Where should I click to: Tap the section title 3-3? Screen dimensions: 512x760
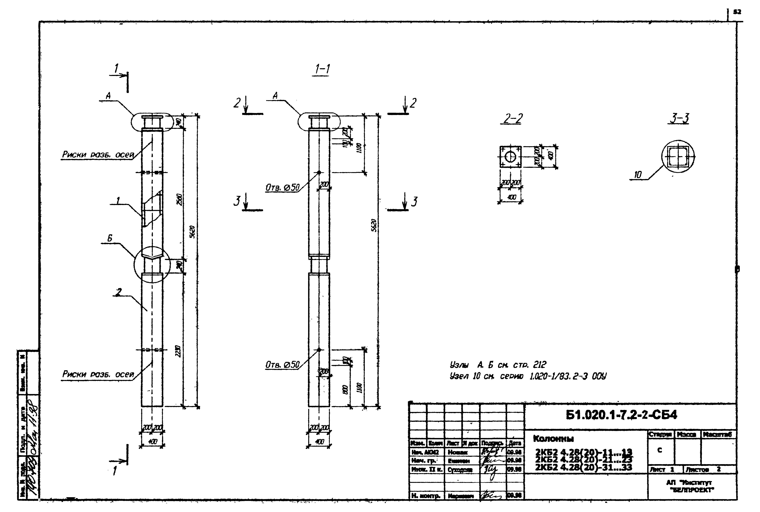(x=679, y=118)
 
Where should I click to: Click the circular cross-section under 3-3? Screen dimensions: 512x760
(x=678, y=156)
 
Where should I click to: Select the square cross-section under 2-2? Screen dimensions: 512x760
(x=510, y=157)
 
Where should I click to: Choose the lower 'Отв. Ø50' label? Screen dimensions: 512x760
(x=282, y=365)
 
